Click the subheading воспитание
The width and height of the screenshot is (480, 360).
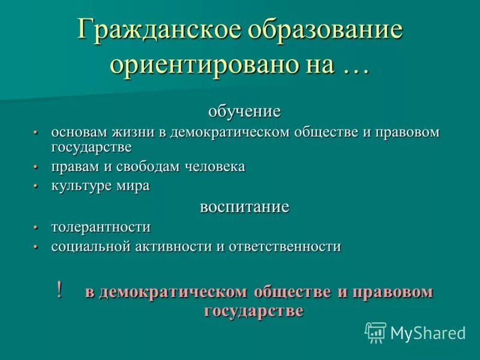click(244, 207)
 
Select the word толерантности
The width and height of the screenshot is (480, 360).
click(101, 227)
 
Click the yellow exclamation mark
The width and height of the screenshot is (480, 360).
click(59, 290)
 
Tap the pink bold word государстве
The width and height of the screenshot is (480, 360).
click(253, 311)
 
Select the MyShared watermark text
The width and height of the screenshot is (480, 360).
click(428, 332)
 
